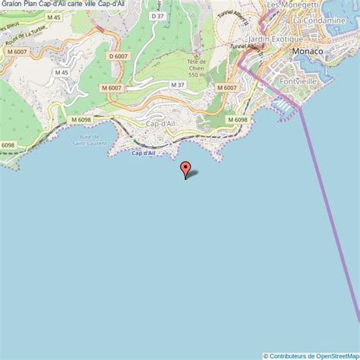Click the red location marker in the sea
tap(184, 169)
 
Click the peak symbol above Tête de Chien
tap(198, 58)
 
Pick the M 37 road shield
tap(177, 84)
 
